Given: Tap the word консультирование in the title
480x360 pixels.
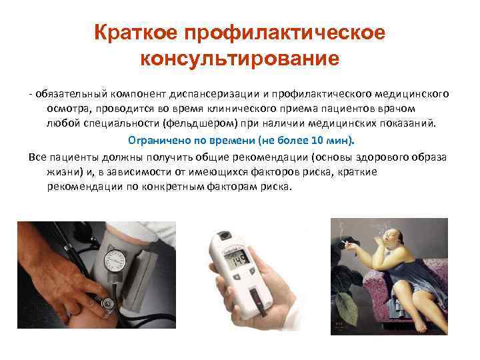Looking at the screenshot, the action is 240,59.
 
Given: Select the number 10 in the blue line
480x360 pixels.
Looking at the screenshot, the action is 317,140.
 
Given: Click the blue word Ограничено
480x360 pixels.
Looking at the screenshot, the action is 159,141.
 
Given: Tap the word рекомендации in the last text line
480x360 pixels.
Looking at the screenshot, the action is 85,187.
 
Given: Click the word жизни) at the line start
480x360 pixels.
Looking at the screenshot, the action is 65,172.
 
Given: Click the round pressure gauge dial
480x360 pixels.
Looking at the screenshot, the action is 115,261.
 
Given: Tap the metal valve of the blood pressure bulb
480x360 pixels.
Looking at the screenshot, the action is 107,304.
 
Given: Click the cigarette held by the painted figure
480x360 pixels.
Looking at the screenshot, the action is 349,243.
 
